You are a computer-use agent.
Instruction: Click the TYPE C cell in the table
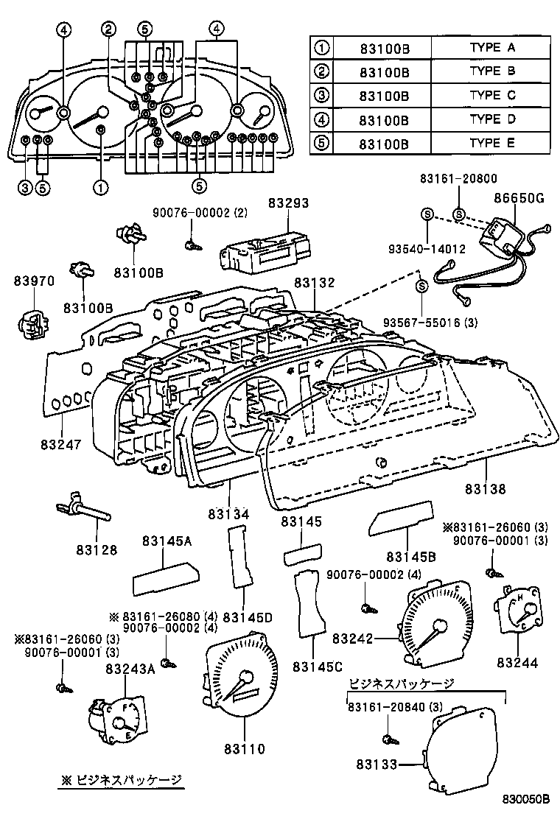[491, 95]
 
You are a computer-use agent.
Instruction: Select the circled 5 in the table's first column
[321, 142]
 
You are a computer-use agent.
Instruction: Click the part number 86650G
[519, 197]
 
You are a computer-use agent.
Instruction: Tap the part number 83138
[486, 488]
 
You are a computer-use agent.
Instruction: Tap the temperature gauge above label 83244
[518, 611]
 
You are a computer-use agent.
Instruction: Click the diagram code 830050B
[527, 800]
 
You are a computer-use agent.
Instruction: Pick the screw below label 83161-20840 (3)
[388, 738]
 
